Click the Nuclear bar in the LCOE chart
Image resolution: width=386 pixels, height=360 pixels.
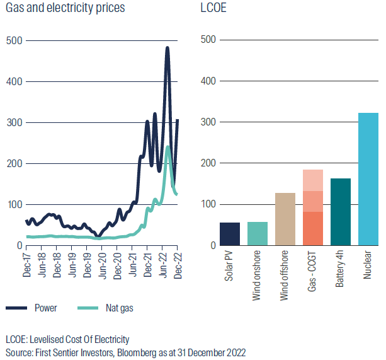368,179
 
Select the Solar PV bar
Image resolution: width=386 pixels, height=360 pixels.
230,234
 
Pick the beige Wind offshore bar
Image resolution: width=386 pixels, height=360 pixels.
285,219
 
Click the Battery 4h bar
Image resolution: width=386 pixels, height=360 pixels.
341,212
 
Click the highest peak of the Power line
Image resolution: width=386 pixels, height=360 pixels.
167,48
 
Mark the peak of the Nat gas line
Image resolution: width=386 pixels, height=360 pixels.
167,147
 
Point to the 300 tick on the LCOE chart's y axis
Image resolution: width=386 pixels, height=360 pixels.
208,122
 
